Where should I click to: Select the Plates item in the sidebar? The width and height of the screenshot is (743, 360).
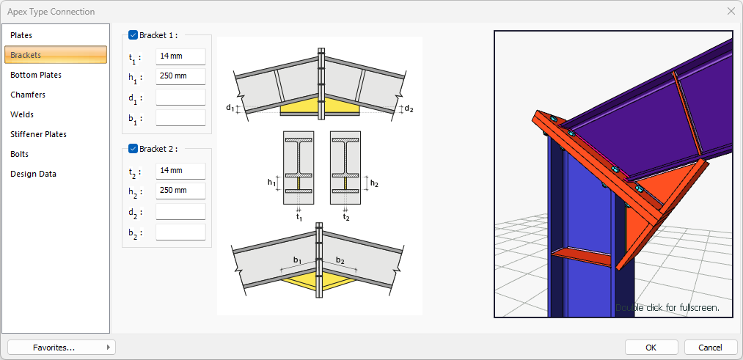(x=22, y=35)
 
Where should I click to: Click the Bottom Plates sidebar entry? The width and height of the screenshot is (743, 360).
(x=36, y=75)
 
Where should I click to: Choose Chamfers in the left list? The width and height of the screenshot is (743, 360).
(x=28, y=95)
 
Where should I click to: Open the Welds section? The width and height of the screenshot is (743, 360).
(x=22, y=114)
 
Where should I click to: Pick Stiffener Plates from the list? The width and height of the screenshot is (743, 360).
(x=38, y=134)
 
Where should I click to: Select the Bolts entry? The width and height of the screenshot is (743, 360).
(x=21, y=154)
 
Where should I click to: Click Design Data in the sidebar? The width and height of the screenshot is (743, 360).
(x=33, y=174)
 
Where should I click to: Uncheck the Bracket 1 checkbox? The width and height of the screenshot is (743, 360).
(x=133, y=34)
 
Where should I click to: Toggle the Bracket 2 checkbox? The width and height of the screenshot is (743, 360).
(x=133, y=149)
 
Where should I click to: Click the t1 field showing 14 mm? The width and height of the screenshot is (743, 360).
(x=180, y=57)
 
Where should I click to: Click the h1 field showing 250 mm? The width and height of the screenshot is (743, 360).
(x=180, y=77)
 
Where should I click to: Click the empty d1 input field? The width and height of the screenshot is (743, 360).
(x=180, y=98)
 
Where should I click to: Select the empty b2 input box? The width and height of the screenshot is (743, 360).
(x=180, y=232)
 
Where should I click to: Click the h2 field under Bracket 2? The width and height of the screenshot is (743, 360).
(x=180, y=191)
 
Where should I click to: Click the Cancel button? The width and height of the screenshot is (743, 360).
(x=710, y=347)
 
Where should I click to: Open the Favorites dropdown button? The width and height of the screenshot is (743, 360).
(x=61, y=348)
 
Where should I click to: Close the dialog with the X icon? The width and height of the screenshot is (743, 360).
(x=731, y=11)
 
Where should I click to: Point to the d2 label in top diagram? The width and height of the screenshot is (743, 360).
(x=409, y=109)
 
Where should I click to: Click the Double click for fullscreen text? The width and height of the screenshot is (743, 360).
(x=667, y=308)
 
